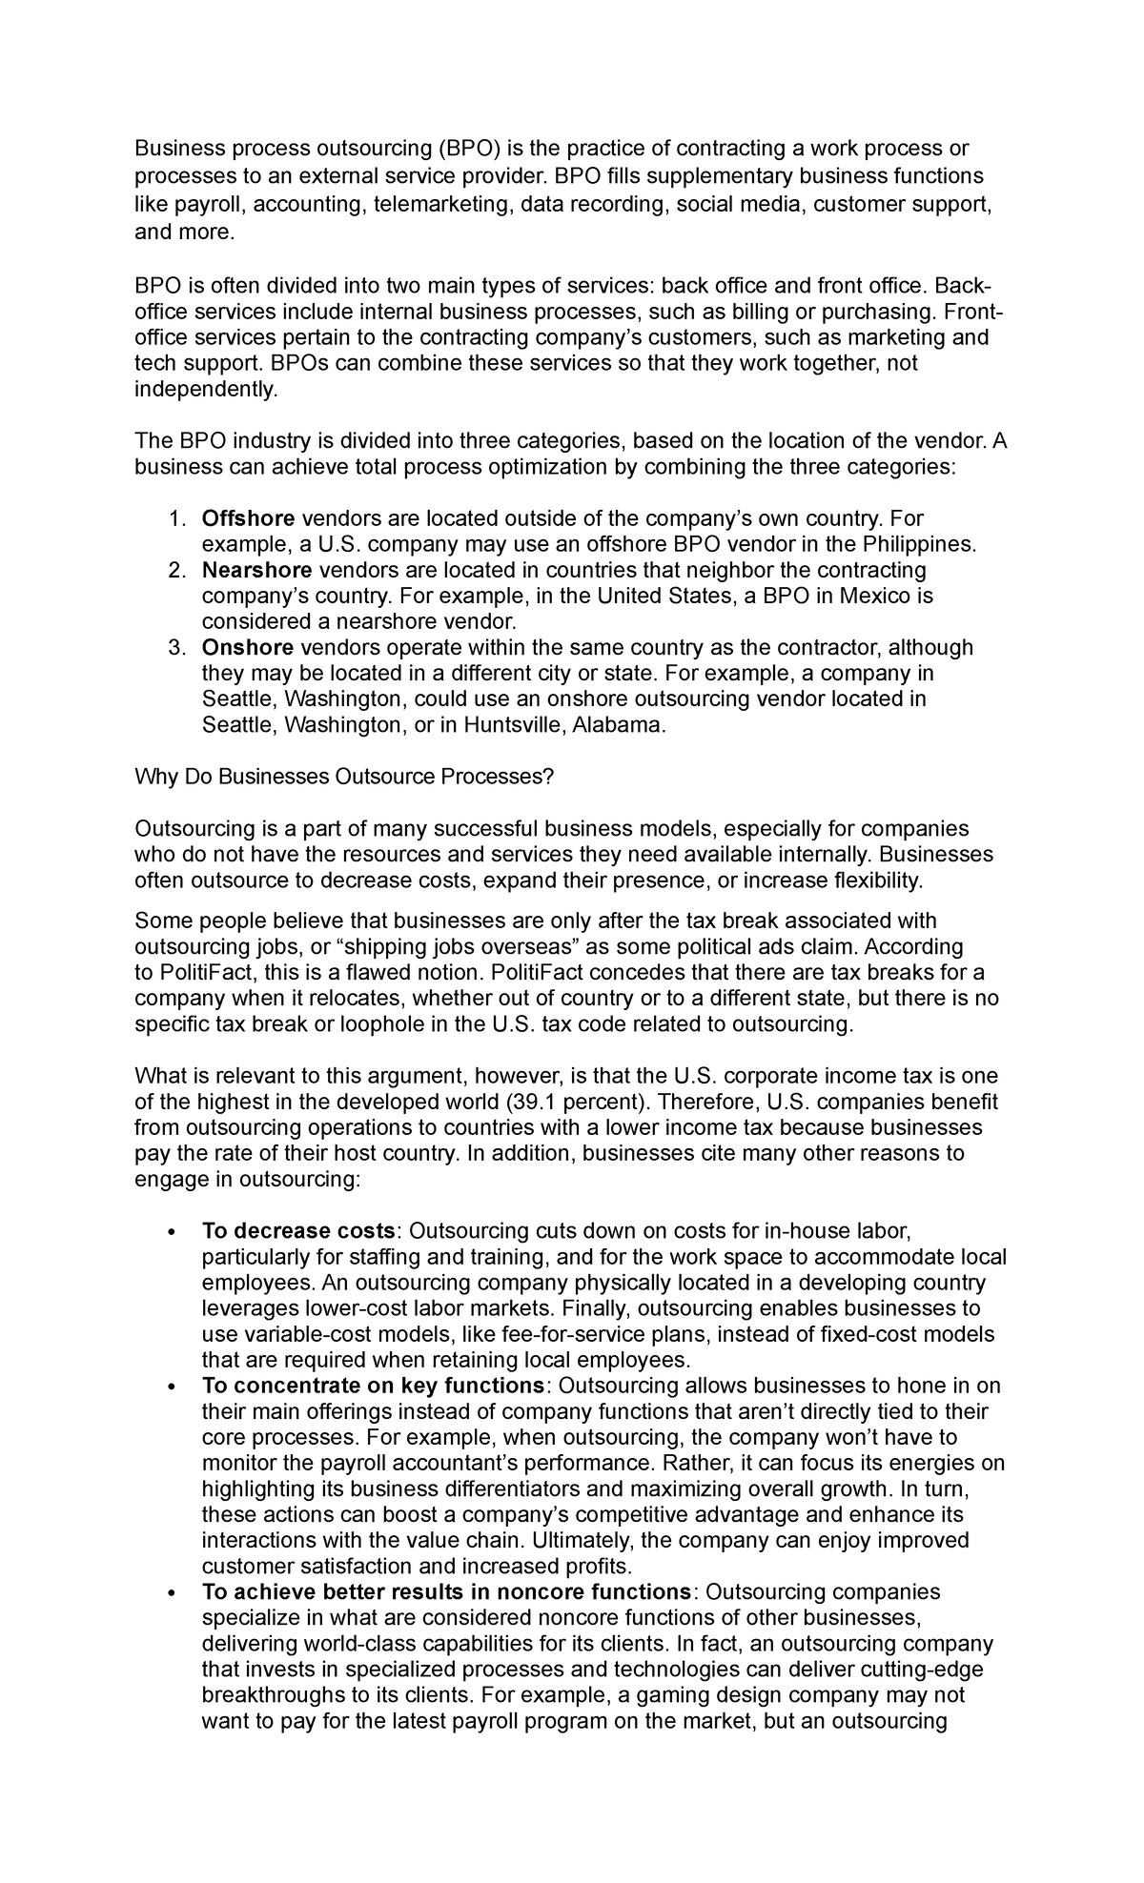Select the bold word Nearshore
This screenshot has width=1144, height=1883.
(256, 570)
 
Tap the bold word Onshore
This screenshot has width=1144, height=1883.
(247, 648)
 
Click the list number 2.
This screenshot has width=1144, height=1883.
(175, 570)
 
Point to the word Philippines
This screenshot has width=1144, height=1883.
(919, 544)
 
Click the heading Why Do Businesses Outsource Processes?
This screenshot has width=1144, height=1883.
(343, 777)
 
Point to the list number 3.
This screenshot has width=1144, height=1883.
(175, 648)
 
